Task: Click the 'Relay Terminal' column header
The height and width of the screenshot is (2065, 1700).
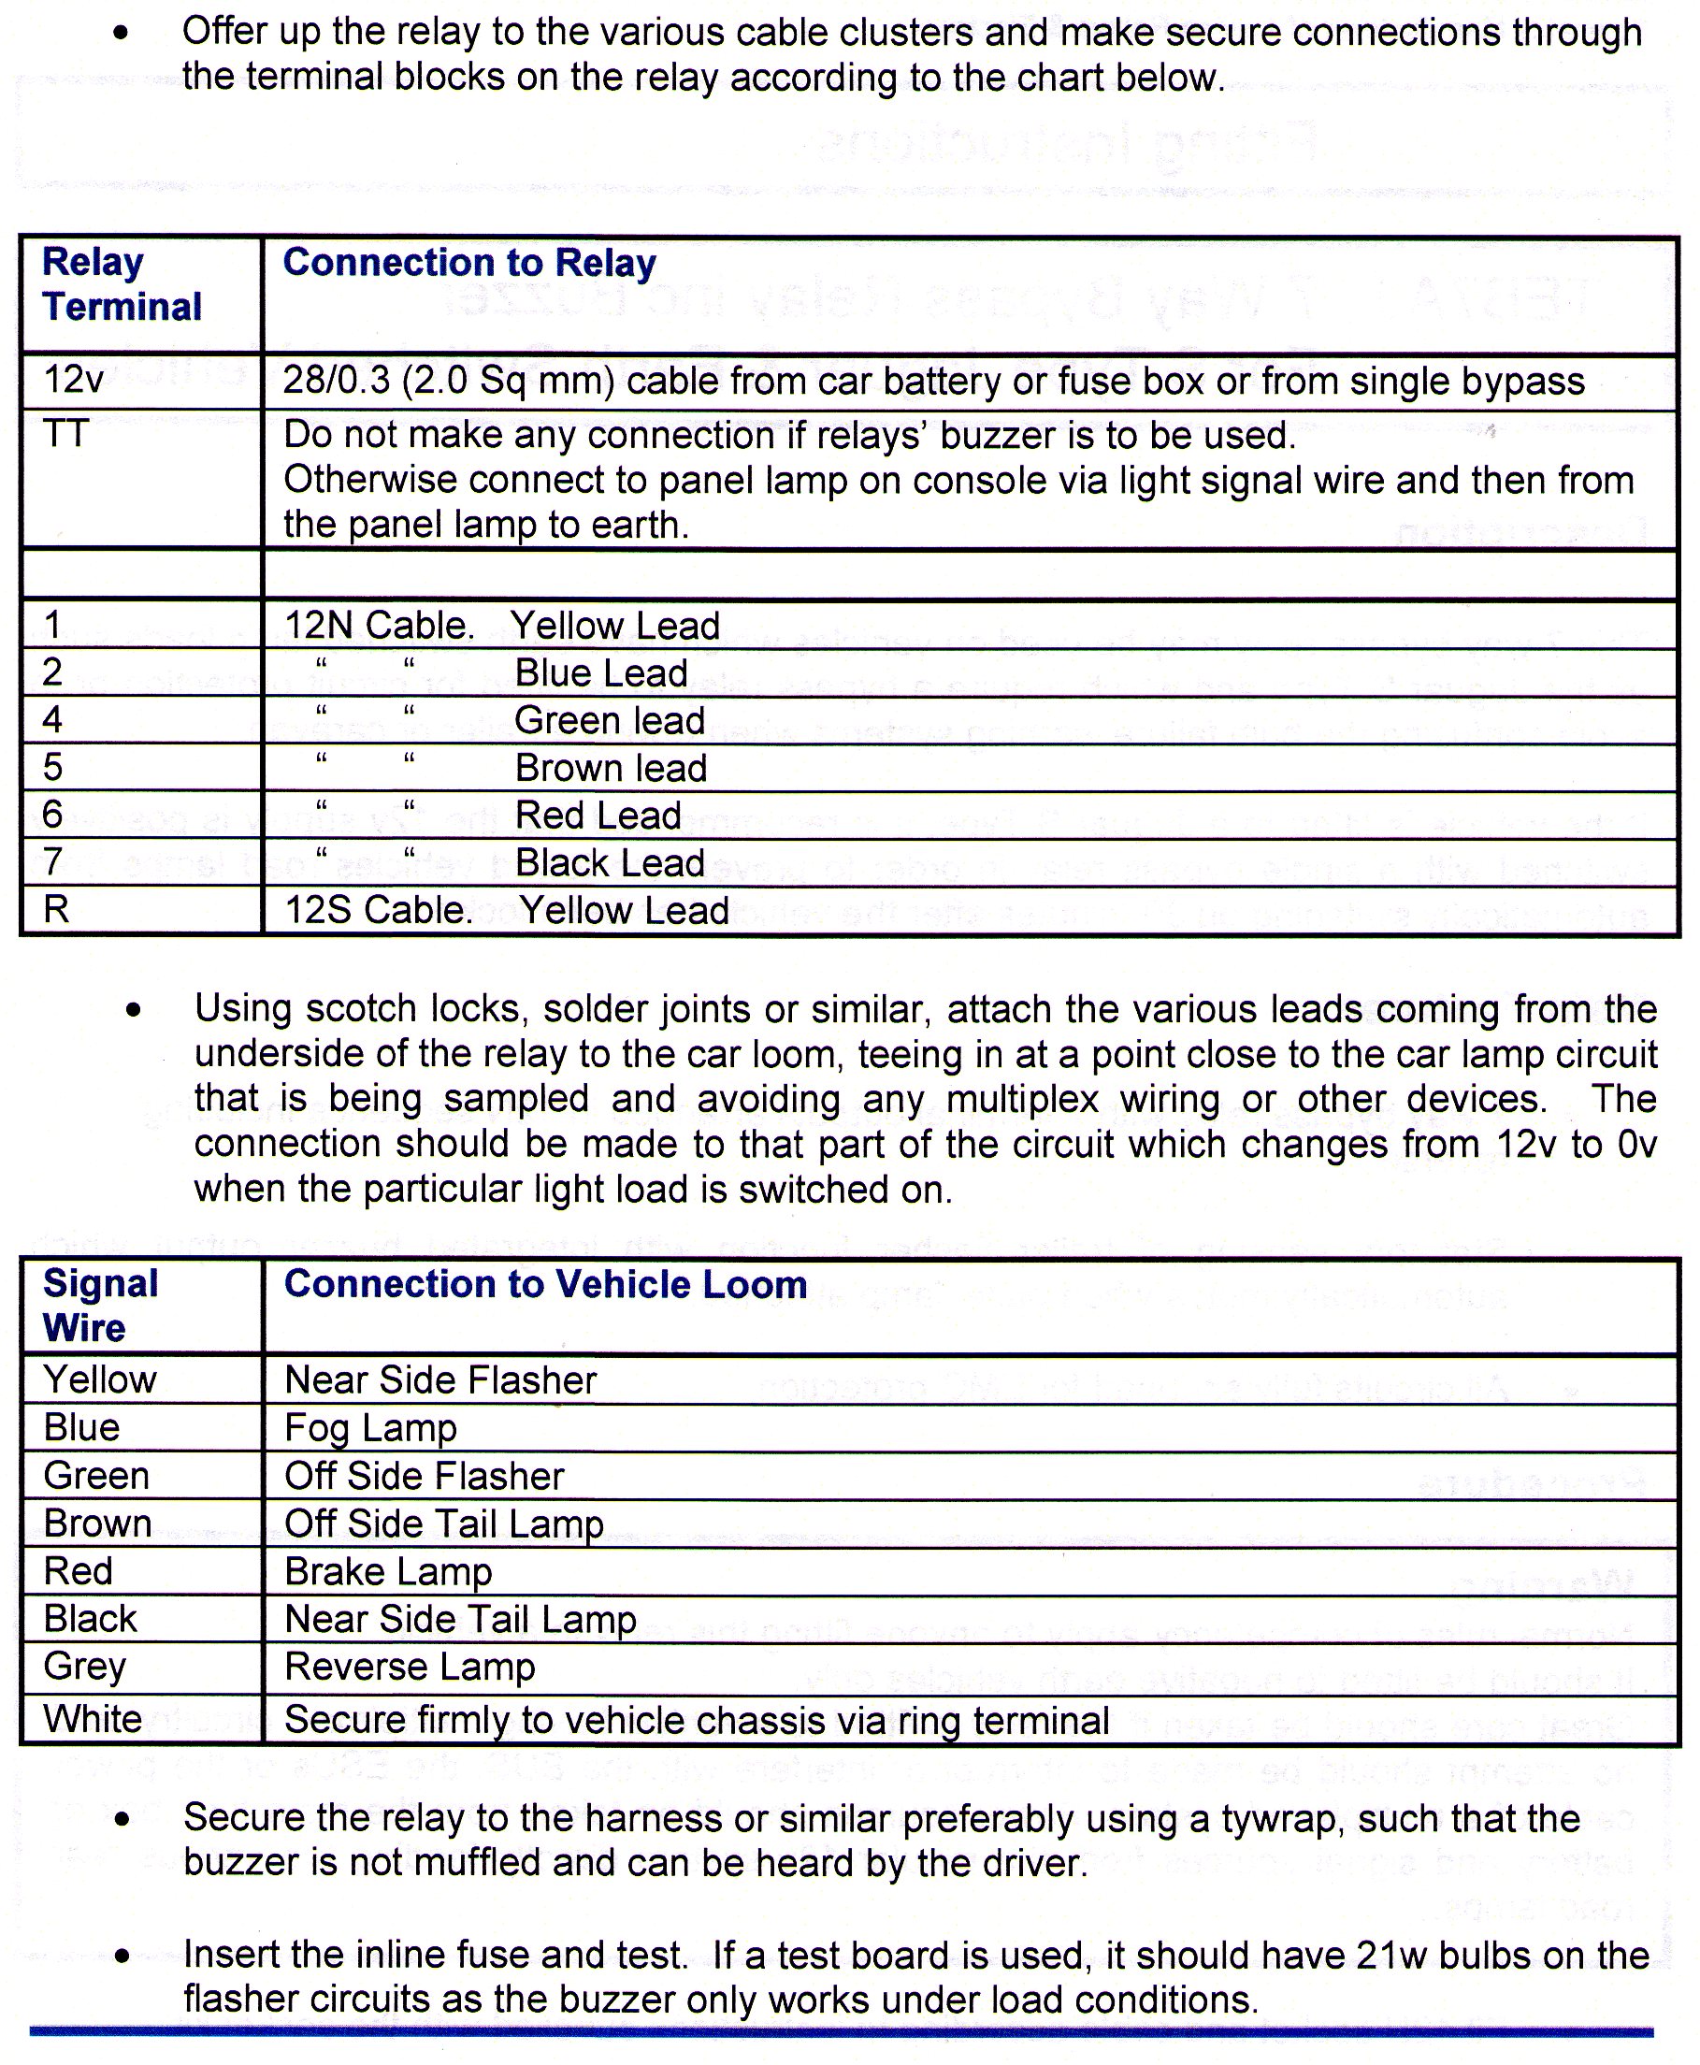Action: tap(122, 284)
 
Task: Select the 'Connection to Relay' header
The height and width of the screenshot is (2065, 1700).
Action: tap(469, 263)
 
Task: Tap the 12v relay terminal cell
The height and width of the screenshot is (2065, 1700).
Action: tap(74, 380)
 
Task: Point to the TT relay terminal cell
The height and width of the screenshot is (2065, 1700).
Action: tap(65, 434)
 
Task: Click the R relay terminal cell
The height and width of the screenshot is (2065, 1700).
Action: tap(57, 910)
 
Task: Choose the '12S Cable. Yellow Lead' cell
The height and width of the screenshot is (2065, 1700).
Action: tap(506, 910)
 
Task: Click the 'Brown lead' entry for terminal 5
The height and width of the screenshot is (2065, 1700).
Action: tap(610, 768)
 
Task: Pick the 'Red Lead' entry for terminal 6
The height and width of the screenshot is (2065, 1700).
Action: tap(598, 815)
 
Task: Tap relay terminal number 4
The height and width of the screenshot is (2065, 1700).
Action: tap(53, 720)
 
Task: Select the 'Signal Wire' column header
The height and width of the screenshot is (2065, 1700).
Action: tap(100, 1306)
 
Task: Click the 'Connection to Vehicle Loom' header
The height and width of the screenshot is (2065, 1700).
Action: tap(544, 1284)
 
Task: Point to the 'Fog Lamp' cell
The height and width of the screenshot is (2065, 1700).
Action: tap(370, 1427)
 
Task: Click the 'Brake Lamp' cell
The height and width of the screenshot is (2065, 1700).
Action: tap(388, 1571)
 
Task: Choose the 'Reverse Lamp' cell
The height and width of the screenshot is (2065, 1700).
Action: tap(410, 1667)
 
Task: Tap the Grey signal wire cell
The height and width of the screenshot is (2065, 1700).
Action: tap(84, 1667)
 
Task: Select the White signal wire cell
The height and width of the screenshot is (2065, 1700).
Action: tap(92, 1718)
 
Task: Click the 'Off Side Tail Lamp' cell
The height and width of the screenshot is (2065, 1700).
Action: tap(443, 1523)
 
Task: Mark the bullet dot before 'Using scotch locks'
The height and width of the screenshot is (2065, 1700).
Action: tap(134, 1009)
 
